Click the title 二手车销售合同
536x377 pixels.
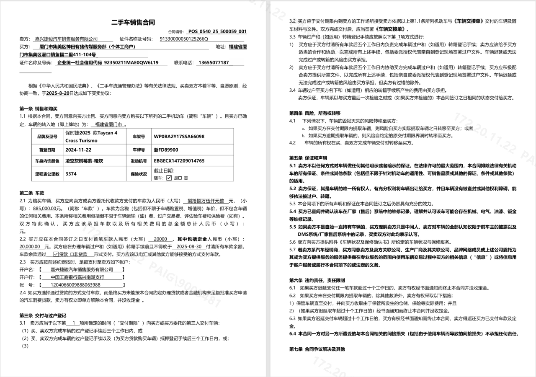point(133,22)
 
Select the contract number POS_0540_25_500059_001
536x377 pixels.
point(217,31)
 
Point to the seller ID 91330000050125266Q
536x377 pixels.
point(184,39)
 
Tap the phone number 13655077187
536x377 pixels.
point(214,62)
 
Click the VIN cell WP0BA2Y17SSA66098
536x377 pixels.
point(179,137)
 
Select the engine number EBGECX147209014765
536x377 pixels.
point(179,161)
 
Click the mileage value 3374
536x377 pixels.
point(72,173)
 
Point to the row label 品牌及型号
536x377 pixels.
point(47,137)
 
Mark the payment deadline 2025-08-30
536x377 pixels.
point(189,247)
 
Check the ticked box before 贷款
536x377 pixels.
point(56,254)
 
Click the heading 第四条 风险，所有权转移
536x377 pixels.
point(314,113)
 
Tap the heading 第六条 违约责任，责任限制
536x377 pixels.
point(317,280)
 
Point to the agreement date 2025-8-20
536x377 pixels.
point(58,93)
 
